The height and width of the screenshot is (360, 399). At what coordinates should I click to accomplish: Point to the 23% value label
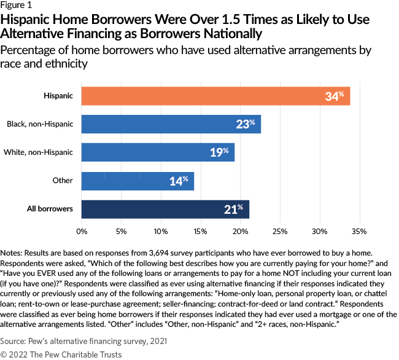point(245,124)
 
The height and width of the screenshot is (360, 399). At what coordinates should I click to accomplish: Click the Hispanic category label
point(59,96)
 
